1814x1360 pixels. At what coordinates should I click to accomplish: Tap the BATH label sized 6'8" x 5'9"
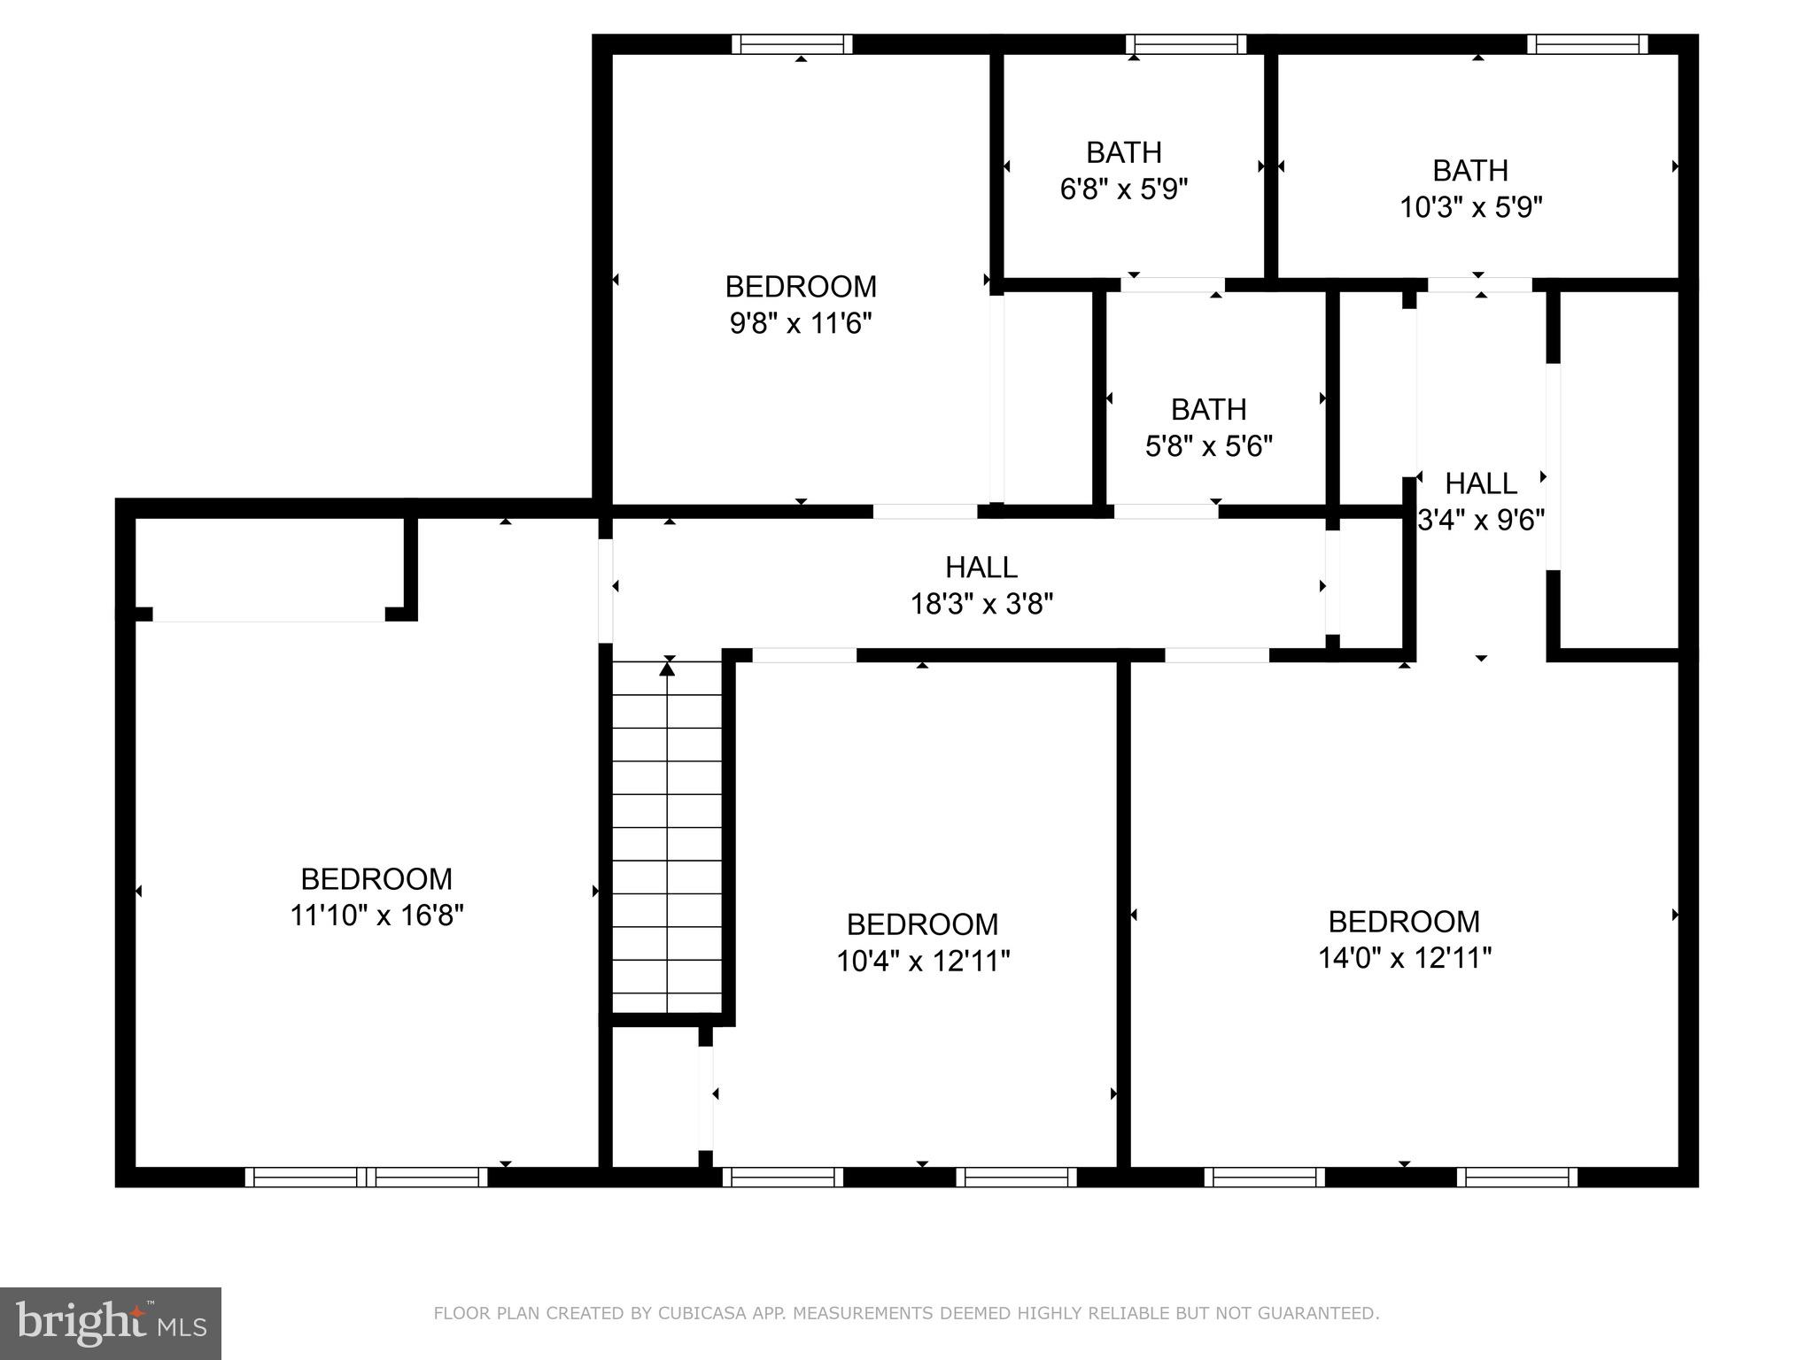pos(1123,153)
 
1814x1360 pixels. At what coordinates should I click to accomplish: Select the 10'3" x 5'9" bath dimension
pos(1470,208)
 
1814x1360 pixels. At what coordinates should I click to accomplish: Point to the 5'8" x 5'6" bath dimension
pos(1208,446)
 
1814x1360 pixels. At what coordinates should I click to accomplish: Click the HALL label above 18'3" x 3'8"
pos(981,567)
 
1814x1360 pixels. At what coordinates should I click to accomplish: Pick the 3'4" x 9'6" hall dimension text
pos(1481,521)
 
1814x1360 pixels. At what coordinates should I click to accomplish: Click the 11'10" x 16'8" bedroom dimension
pos(376,916)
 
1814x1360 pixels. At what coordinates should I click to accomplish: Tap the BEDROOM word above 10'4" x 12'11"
pos(922,924)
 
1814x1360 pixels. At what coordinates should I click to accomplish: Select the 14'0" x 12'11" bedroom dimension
pos(1404,959)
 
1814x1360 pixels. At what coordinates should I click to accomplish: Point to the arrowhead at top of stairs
pos(667,669)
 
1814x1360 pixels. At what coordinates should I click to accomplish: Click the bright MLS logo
pos(110,1323)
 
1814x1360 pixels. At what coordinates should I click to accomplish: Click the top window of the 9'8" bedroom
pos(793,44)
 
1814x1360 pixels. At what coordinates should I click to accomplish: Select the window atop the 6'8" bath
pos(1186,44)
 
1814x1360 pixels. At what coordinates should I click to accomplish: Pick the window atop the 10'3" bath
pos(1587,44)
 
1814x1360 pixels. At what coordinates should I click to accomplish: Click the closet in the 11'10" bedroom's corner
pos(269,565)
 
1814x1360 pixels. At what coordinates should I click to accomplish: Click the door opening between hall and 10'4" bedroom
pos(804,656)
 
